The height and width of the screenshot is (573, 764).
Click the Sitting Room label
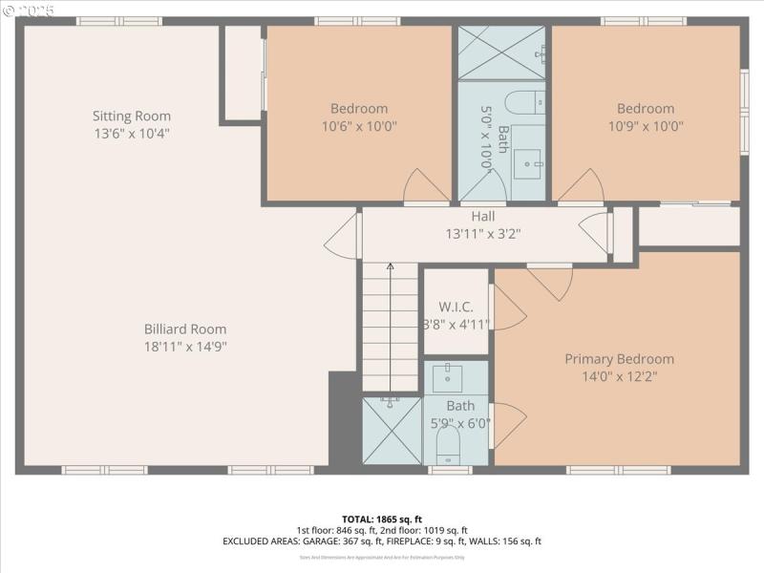click(x=132, y=117)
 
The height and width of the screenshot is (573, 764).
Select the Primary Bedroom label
click(x=619, y=359)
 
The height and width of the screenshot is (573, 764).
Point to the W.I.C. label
click(x=456, y=308)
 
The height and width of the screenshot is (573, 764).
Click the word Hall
click(x=483, y=217)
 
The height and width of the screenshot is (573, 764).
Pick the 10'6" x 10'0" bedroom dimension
click(x=359, y=125)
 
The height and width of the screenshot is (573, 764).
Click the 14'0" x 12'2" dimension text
click(x=619, y=376)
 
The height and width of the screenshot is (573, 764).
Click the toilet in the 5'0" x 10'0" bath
click(x=522, y=101)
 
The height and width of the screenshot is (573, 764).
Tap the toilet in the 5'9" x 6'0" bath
click(x=447, y=446)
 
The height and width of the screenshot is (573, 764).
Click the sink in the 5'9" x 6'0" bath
click(x=447, y=379)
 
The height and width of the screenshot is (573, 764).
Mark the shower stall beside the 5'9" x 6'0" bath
click(x=392, y=431)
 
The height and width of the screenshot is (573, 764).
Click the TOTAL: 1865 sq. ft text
click(x=382, y=519)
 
